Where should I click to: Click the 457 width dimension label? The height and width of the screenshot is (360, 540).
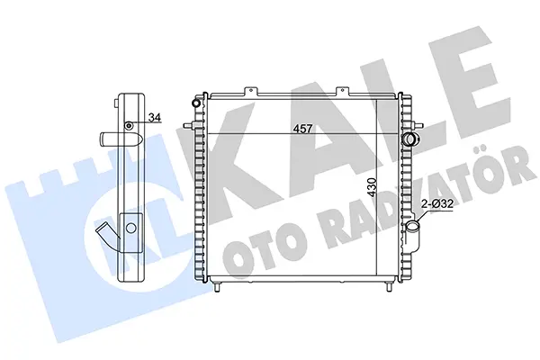pos(302,129)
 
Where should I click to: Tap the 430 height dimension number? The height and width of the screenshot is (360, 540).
pos(372,187)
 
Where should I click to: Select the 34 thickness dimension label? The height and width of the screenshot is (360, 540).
pos(155,118)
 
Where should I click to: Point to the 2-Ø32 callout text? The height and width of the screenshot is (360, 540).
pos(437,204)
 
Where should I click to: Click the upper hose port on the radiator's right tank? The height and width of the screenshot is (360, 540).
pos(410,139)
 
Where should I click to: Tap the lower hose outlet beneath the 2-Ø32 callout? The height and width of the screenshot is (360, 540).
pos(413,229)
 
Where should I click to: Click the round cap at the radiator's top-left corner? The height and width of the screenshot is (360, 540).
pos(196,103)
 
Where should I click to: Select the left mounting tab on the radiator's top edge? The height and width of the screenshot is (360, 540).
pos(251,91)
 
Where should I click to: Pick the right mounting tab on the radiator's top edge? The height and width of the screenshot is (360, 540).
pos(343,91)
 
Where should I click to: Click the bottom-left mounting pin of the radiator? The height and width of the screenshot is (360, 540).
pos(217,286)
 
